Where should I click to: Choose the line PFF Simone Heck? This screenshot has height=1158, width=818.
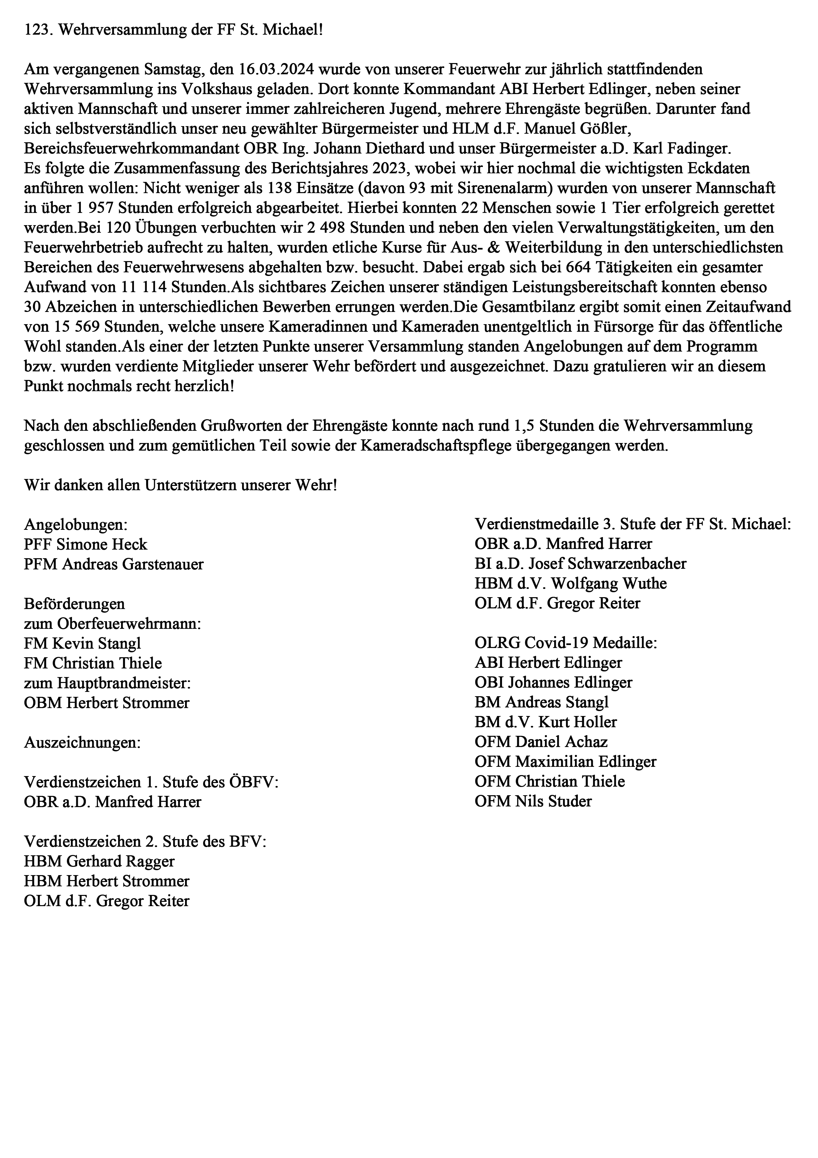point(86,545)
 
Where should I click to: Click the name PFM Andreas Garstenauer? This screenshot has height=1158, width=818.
point(114,564)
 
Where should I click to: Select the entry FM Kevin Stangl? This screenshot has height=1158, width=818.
point(83,644)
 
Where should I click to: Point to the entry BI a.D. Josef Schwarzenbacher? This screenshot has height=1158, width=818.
point(581,564)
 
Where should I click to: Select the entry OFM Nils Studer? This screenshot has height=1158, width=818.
point(533,801)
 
